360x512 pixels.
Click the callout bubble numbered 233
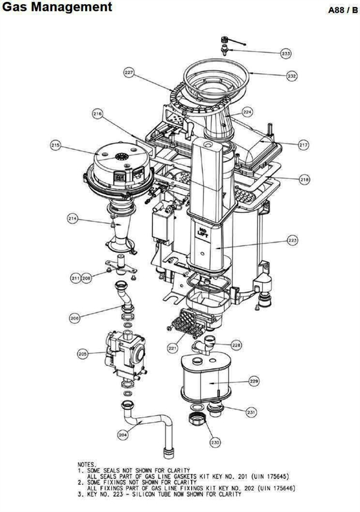[x=286, y=53]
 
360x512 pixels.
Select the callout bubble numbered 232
[x=292, y=76]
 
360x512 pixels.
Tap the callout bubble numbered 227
[x=129, y=73]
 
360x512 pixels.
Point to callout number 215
[x=56, y=145]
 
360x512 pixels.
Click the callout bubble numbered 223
[x=293, y=241]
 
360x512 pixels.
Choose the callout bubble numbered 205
[x=83, y=354]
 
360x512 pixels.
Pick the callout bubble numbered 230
[x=215, y=442]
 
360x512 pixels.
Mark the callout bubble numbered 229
[x=254, y=381]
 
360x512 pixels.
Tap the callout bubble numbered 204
[x=122, y=434]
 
